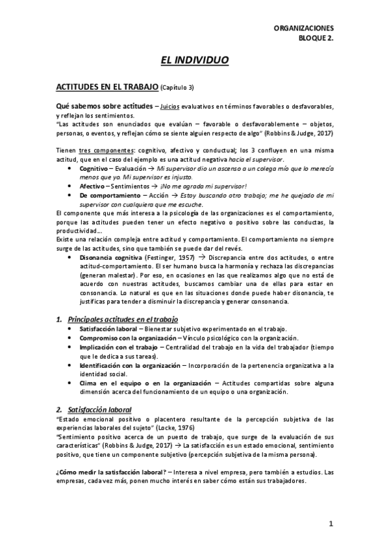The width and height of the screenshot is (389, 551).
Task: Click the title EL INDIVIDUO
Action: [x=194, y=60]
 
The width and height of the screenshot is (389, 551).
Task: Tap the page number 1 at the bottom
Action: [x=331, y=523]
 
